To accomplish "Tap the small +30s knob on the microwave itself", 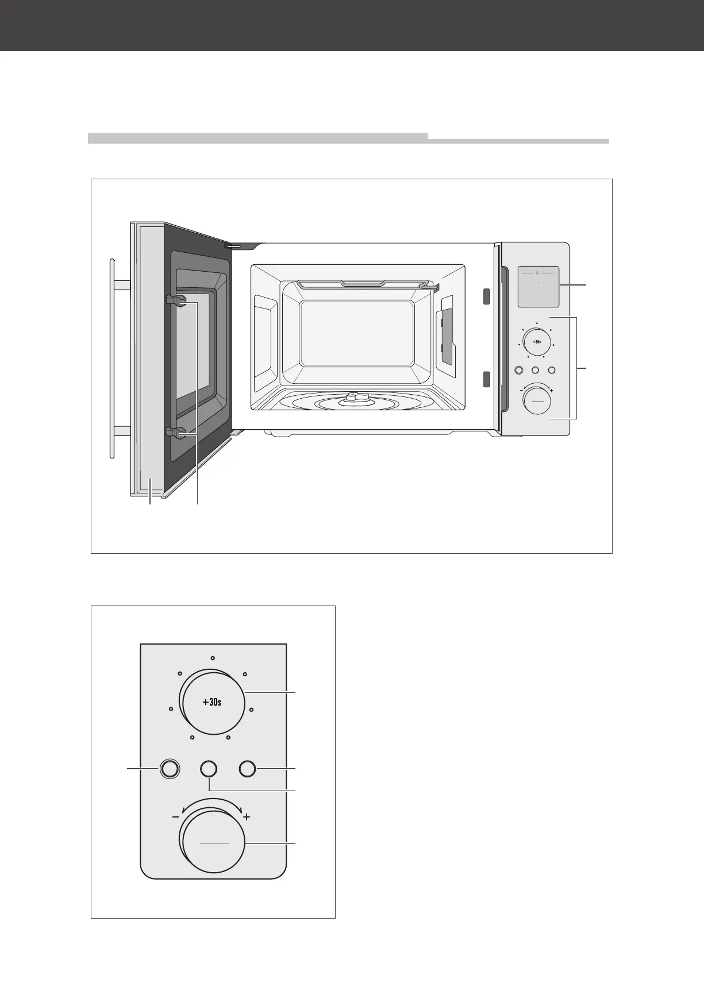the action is [x=537, y=342].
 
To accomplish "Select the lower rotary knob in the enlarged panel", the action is [x=213, y=843].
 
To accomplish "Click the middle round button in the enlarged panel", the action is [x=209, y=769].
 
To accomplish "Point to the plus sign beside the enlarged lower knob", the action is [x=247, y=816].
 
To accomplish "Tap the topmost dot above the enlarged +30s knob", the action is [x=212, y=657].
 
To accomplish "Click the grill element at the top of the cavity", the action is [x=362, y=283].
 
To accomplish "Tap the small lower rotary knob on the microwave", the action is [x=537, y=400].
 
